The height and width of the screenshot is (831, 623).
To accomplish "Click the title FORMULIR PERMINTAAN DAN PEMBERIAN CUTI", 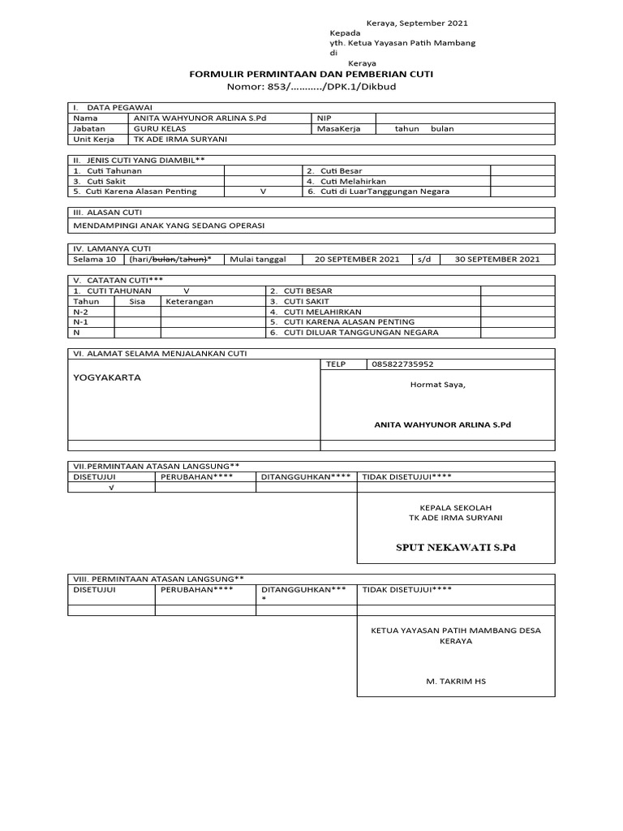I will coord(311,74).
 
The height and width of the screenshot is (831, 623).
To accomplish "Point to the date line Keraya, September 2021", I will coord(418,24).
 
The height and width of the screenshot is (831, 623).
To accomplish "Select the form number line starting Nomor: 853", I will coord(311,86).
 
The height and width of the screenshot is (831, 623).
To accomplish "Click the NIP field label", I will coord(324,118).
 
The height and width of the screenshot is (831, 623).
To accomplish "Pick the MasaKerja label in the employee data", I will coord(339,128).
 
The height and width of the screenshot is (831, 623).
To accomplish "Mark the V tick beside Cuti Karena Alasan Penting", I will coord(262,192).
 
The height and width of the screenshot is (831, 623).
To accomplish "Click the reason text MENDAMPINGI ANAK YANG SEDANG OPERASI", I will coord(170,225).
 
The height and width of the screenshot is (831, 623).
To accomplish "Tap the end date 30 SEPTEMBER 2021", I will coord(497,260).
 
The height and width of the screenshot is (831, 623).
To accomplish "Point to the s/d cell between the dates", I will coord(423,260).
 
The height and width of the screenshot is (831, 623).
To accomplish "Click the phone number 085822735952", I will coord(403,364).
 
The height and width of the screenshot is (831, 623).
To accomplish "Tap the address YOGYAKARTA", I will coord(107,378).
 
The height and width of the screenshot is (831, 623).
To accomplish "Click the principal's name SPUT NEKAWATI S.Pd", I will coord(455,548).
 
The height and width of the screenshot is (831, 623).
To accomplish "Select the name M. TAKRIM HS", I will coord(455,682).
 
